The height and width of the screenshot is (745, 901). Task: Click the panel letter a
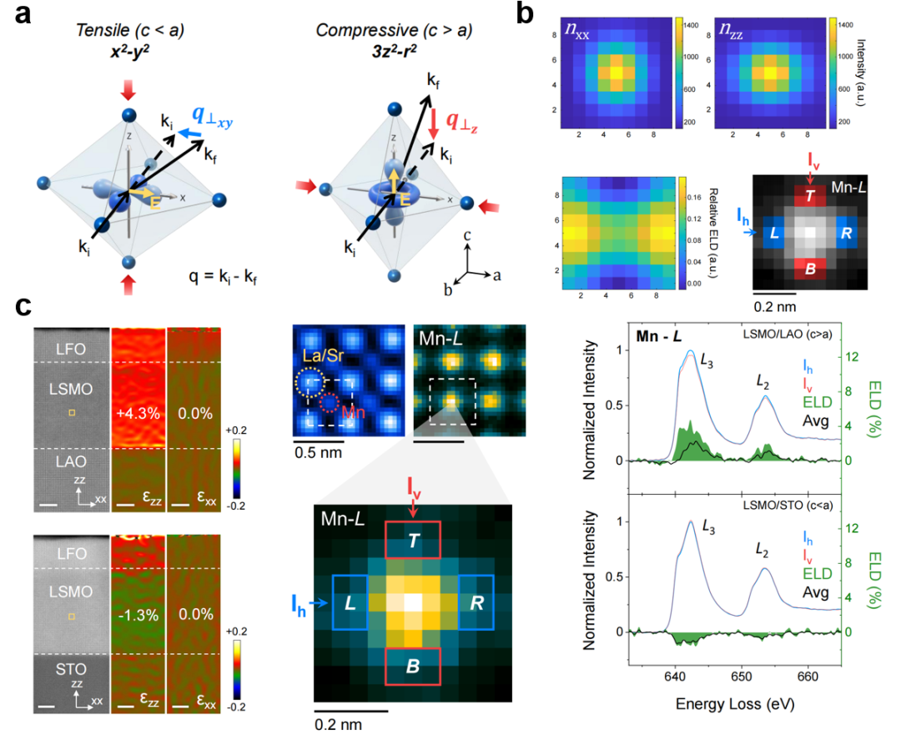[23, 14]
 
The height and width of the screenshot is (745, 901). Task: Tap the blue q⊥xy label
[212, 117]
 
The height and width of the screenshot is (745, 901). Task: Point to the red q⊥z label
[462, 123]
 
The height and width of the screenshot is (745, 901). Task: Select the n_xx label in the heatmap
[577, 30]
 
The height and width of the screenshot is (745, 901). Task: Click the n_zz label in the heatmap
[731, 30]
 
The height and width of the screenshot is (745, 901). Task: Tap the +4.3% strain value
[138, 413]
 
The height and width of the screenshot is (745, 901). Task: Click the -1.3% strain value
[138, 615]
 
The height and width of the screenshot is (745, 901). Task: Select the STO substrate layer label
[71, 669]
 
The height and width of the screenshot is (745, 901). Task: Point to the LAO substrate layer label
[71, 462]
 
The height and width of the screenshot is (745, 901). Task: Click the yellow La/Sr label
[323, 356]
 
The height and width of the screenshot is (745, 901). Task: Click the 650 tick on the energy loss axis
[742, 677]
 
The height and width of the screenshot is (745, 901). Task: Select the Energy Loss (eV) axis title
[735, 704]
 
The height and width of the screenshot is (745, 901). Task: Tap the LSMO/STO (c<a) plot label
[788, 506]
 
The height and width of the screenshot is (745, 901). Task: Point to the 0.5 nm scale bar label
[318, 453]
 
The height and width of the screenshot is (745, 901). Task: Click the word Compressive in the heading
[367, 30]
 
